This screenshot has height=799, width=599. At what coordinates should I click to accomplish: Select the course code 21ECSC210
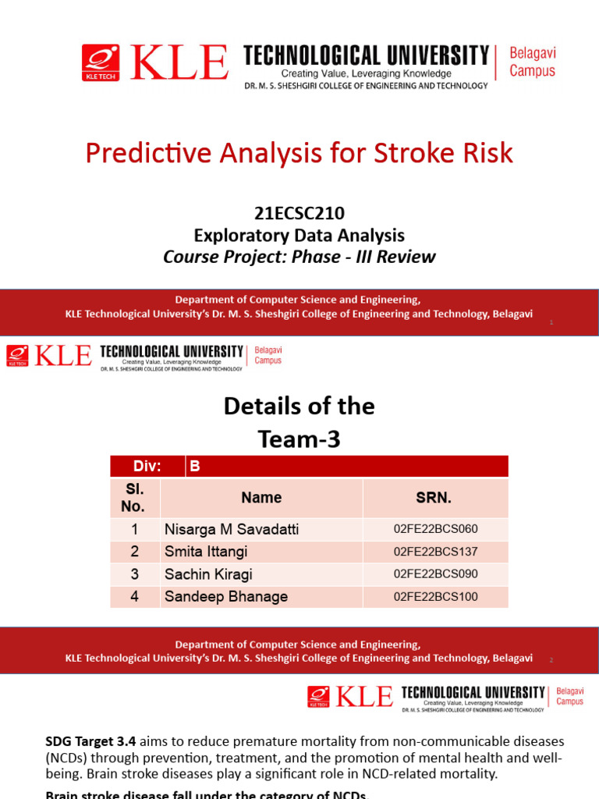299,213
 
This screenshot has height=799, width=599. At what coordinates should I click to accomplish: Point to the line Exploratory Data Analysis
299,235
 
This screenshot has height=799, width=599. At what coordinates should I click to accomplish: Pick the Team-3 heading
299,439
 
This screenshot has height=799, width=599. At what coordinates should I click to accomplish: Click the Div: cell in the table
147,467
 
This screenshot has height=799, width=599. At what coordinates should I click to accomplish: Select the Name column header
261,498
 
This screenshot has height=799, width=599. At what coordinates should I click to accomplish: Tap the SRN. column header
434,498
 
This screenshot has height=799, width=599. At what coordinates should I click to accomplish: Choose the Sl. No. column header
133,498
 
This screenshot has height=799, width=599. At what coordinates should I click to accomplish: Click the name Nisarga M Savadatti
231,530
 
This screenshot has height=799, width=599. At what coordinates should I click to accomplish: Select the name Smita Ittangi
206,552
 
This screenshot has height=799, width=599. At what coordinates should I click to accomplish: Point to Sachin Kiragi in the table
208,574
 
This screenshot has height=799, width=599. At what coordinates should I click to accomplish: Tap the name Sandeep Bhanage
225,597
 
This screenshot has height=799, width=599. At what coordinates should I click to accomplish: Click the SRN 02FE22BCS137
435,552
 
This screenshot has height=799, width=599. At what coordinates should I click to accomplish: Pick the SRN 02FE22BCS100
435,597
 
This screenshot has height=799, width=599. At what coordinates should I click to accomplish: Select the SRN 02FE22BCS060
435,530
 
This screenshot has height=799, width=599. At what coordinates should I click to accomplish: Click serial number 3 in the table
134,574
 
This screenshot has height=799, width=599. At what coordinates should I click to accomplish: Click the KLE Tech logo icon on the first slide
101,62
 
